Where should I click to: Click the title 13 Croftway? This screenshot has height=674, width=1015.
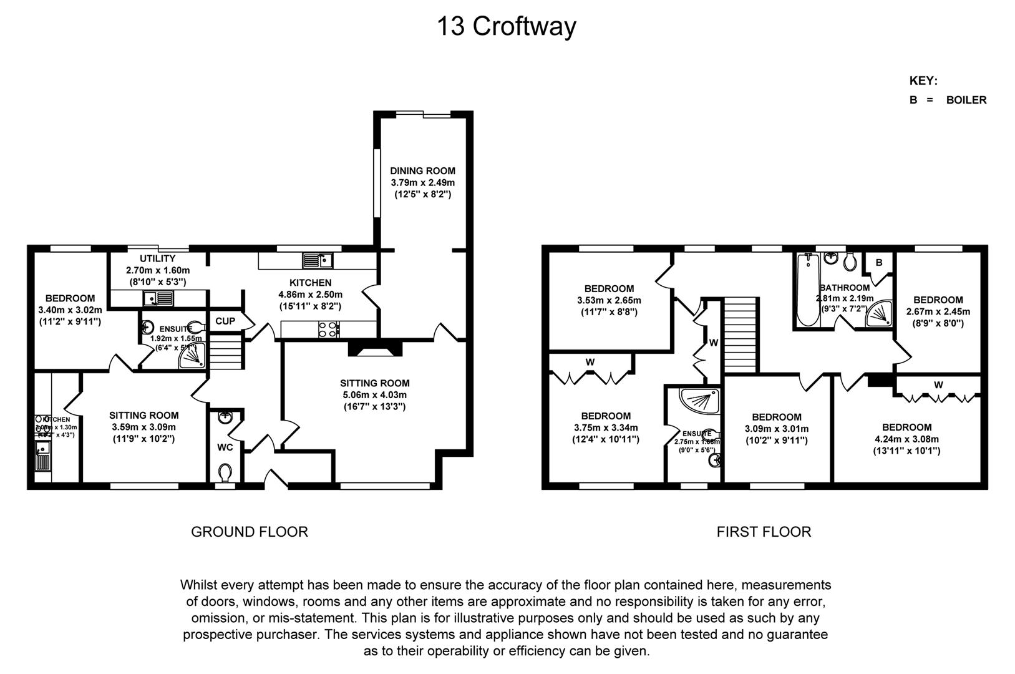506,27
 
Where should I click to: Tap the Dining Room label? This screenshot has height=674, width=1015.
422,171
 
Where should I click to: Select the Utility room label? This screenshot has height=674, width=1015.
158,258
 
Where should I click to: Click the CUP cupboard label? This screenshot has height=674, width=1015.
225,321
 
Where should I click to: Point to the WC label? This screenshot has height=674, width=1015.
225,447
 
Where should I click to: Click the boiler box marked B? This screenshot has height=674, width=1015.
879,263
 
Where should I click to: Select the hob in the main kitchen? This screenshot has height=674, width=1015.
328,329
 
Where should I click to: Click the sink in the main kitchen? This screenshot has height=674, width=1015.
318,260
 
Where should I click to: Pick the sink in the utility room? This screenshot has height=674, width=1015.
158,299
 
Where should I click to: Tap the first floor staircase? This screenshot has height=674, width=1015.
741,334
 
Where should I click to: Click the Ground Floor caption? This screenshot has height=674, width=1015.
249,532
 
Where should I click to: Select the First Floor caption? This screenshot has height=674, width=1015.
764,532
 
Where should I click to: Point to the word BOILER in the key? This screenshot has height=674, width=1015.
966,100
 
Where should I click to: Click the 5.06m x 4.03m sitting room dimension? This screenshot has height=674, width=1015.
374,395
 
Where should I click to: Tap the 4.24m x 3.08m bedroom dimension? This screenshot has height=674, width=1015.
906,439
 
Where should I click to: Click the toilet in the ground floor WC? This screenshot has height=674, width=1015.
225,472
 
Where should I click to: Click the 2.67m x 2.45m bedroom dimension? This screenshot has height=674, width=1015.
938,311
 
